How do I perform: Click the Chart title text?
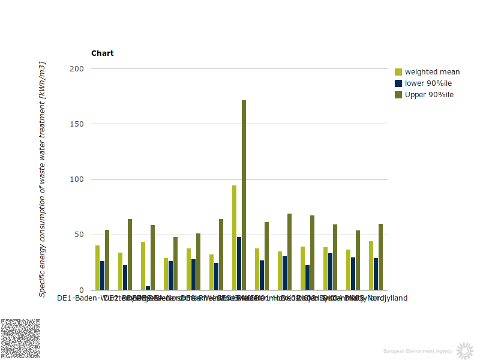[102, 53]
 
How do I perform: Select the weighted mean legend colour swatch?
[398, 72]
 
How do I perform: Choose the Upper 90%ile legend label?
[429, 95]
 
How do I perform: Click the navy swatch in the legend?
[398, 83]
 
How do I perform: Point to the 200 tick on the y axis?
[76, 69]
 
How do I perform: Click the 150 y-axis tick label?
[76, 124]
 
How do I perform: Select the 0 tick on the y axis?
[81, 290]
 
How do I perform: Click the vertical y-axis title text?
[43, 179]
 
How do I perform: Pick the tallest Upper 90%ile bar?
[244, 195]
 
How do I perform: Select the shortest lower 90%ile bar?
[148, 288]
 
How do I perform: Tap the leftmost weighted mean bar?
[97, 268]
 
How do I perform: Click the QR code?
[20, 339]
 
